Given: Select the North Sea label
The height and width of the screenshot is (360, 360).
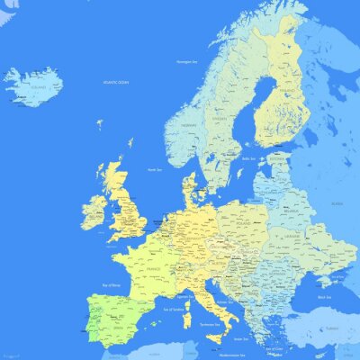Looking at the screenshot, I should coord(154,169).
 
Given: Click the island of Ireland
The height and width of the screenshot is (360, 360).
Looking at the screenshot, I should coord(93,212).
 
